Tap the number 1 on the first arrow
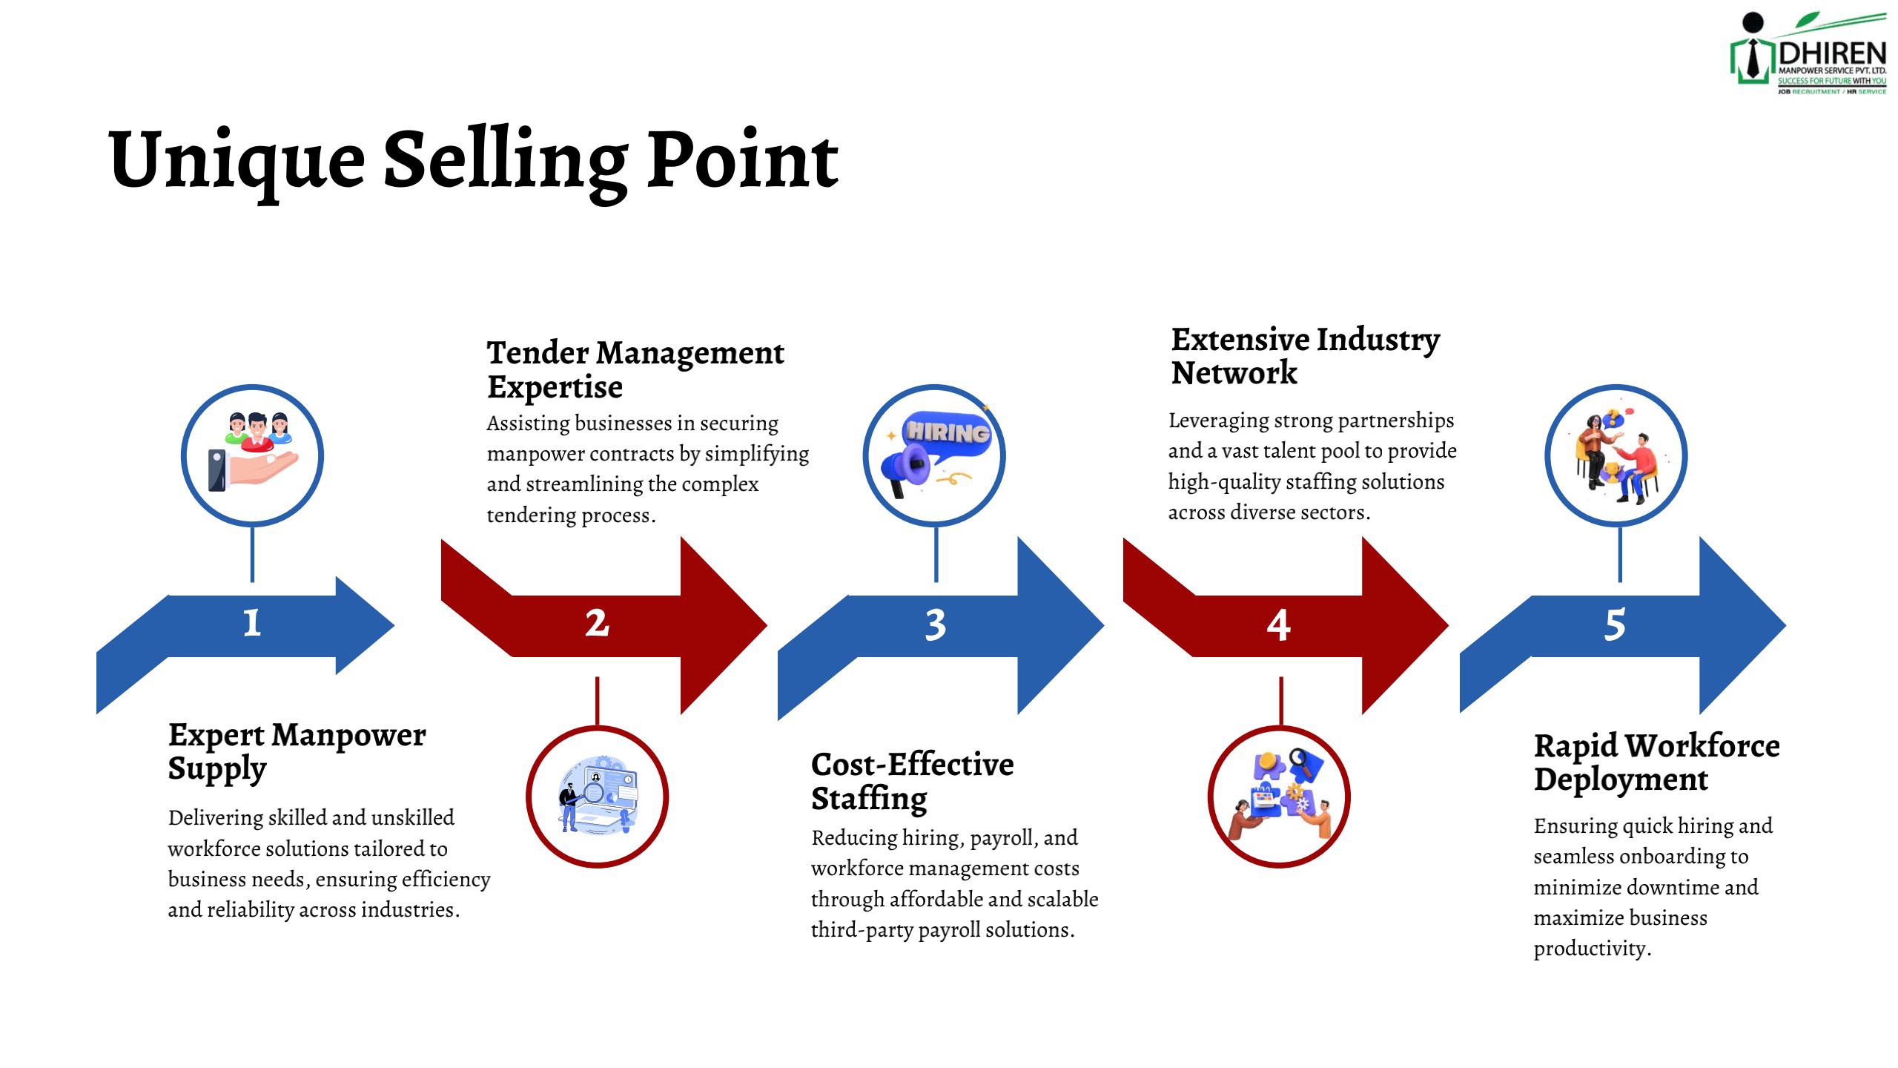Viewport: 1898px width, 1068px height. (x=252, y=622)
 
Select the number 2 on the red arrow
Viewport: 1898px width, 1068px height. (x=597, y=623)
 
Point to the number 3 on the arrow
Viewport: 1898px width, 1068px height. (x=936, y=624)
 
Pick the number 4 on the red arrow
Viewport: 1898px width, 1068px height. (x=1278, y=625)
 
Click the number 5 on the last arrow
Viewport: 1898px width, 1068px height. (x=1615, y=624)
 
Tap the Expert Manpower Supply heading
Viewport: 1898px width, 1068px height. (x=297, y=752)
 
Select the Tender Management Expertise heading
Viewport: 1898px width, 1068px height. (x=635, y=369)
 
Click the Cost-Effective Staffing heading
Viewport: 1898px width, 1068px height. (x=912, y=782)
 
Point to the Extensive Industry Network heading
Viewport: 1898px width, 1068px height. (x=1305, y=356)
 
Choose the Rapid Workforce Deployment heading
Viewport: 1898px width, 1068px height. (x=1656, y=762)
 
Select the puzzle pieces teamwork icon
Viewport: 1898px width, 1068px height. (x=1280, y=794)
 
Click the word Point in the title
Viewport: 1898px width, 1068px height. (x=743, y=160)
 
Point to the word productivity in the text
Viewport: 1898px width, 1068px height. (x=1592, y=949)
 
